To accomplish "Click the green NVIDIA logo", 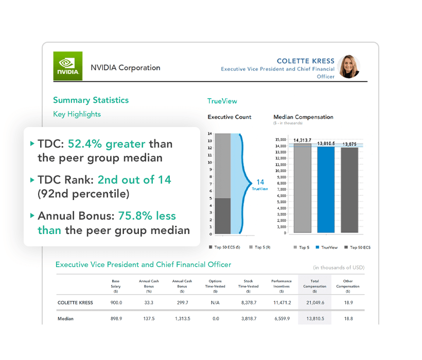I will click(x=67, y=66).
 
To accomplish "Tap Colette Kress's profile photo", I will click(x=349, y=66).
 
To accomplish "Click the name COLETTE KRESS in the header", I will click(x=305, y=61).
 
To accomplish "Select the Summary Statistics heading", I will click(x=91, y=100).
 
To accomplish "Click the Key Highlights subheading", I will click(x=77, y=114).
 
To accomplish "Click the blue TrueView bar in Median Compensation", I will click(x=326, y=190).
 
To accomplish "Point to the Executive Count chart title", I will click(x=230, y=117).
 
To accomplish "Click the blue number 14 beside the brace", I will click(x=260, y=182).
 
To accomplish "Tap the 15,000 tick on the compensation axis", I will click(x=280, y=139).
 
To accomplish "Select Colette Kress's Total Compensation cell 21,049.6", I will click(x=314, y=303).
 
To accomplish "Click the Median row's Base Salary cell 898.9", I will click(x=116, y=319).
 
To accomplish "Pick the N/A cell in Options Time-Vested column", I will click(x=215, y=303).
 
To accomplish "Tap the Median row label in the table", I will click(x=65, y=319).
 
